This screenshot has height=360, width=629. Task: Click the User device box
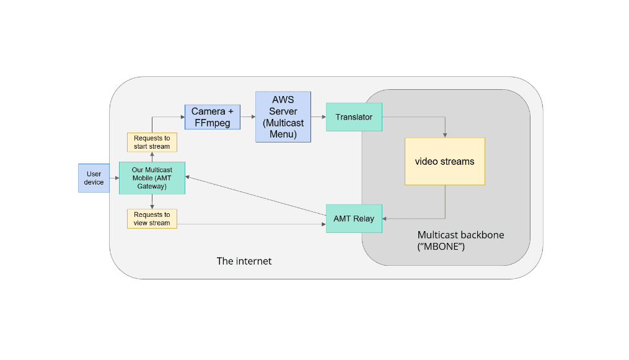[x=94, y=178]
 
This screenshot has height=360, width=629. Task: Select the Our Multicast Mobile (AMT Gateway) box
[x=152, y=178]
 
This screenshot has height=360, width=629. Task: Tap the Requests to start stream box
[x=152, y=143]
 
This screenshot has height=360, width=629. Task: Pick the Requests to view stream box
[x=152, y=219]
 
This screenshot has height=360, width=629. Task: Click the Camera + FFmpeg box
[x=213, y=116]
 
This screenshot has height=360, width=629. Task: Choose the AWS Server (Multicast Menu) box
[x=283, y=117]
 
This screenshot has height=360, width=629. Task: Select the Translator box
[x=354, y=116]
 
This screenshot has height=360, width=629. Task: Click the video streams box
[x=444, y=161]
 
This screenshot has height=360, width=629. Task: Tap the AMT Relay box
[x=354, y=219]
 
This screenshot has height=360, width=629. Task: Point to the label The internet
[x=244, y=261]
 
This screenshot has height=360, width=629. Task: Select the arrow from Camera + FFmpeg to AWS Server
[x=248, y=116]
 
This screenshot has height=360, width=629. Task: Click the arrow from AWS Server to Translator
[x=319, y=116]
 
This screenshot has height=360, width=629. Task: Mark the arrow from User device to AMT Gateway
[x=115, y=178]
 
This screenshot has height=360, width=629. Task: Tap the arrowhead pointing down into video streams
[x=445, y=134]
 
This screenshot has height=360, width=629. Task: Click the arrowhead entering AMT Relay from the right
[x=385, y=218]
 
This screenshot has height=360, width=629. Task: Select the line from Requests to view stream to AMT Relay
[x=251, y=224]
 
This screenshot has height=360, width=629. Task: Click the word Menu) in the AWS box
[x=283, y=134]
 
